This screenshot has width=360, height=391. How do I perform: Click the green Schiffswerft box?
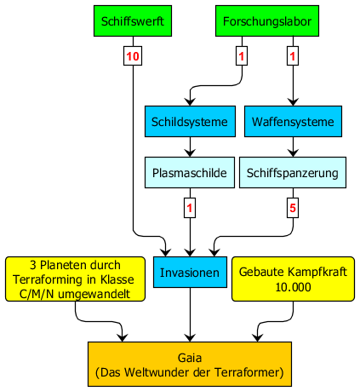[133, 20]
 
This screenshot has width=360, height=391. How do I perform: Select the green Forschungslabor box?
[267, 20]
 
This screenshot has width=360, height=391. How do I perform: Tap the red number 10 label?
[133, 56]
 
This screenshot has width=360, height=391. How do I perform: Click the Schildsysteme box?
[190, 122]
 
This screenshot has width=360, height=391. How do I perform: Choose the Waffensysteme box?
[293, 122]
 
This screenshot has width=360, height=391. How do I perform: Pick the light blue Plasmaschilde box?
[190, 173]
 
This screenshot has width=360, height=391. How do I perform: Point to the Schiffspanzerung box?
[293, 173]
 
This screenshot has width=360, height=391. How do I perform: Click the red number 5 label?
[293, 208]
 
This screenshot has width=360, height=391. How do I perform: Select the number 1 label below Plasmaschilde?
[190, 208]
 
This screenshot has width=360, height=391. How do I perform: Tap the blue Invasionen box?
[190, 273]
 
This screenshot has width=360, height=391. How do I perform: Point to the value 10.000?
[293, 287]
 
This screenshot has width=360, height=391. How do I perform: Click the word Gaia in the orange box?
[190, 358]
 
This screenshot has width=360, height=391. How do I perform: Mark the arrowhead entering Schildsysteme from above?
[190, 101]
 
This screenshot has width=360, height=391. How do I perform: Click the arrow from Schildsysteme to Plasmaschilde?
[190, 147]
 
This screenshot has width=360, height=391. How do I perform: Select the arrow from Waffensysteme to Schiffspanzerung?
[293, 147]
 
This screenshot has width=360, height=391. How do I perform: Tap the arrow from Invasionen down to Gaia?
[190, 314]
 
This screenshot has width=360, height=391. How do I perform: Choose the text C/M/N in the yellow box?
[37, 294]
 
